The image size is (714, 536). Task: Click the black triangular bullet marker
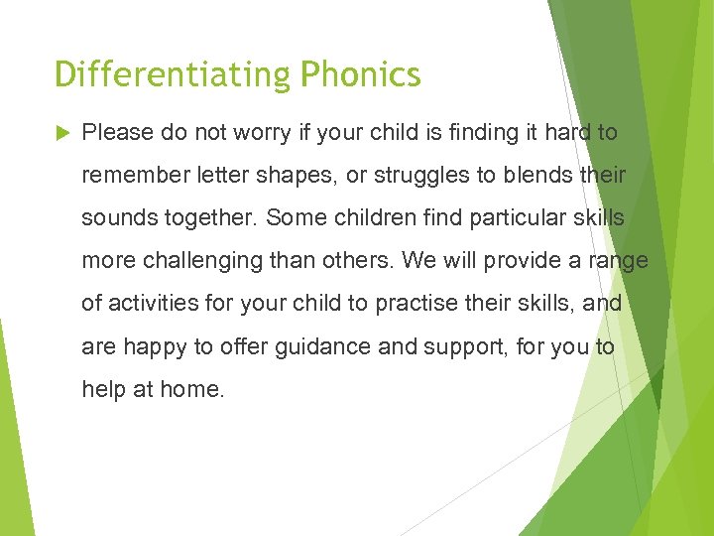click(61, 133)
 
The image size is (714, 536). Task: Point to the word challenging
click(206, 261)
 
